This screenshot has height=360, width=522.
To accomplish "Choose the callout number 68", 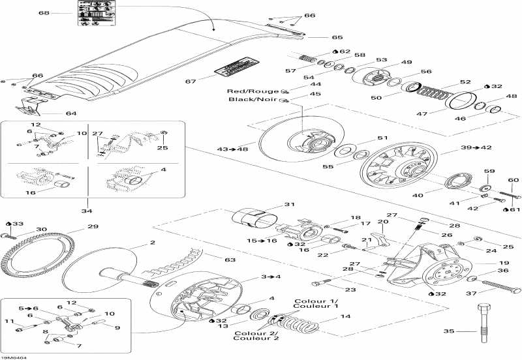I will (x=44, y=13).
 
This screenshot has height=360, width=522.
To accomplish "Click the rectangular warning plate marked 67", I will (x=236, y=70).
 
